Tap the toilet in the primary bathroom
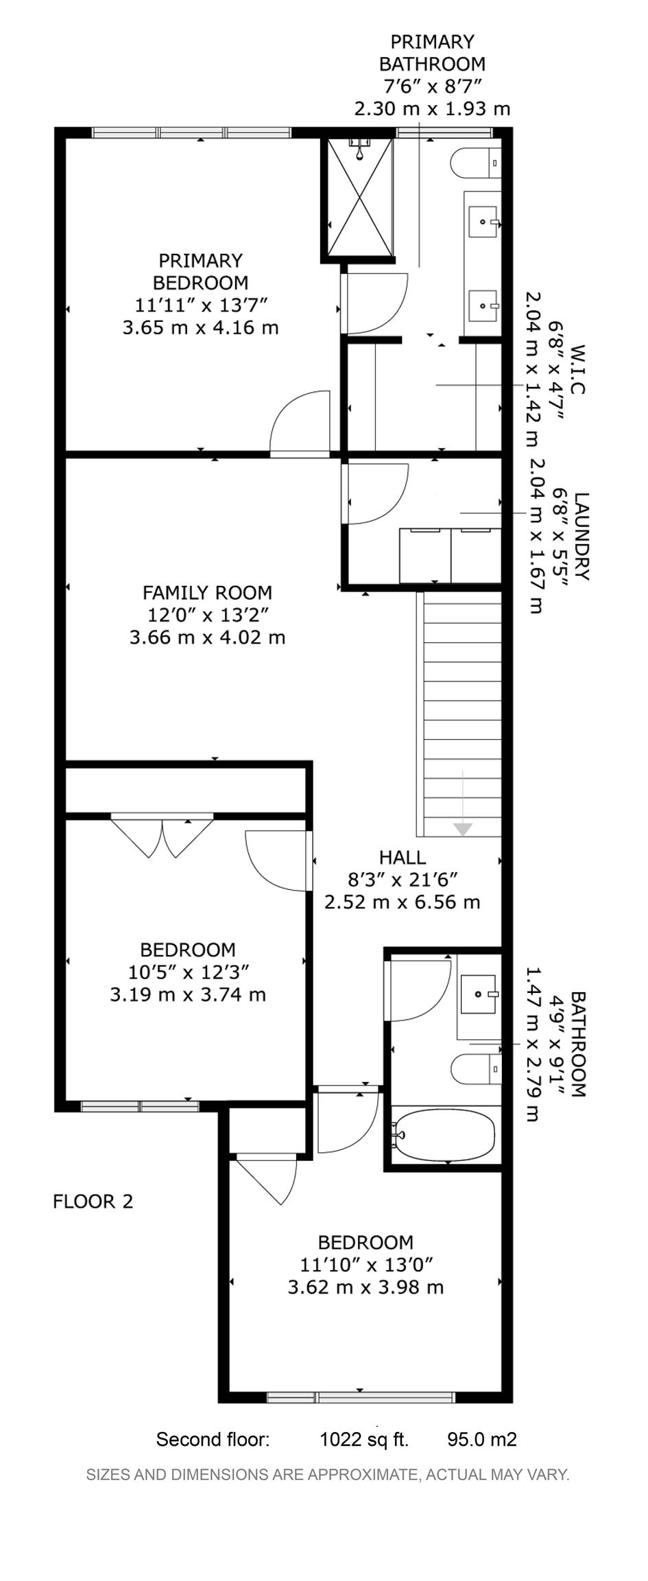[x=475, y=163]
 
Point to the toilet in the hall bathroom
[x=476, y=1069]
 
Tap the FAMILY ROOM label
[x=207, y=592]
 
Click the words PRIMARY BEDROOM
[x=200, y=272]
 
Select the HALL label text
[x=403, y=857]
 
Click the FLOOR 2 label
[x=93, y=1202]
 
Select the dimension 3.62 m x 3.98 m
[x=365, y=1287]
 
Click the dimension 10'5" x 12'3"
[x=188, y=972]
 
